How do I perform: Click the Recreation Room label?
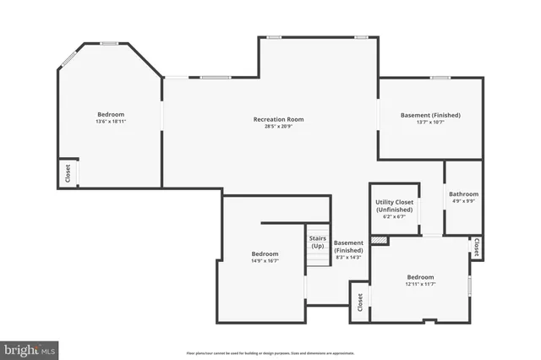[x=278, y=119]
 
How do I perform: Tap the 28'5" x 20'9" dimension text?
[x=278, y=127]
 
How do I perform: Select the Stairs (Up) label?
[x=317, y=242]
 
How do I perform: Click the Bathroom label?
[x=463, y=194]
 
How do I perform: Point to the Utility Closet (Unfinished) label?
[x=394, y=205]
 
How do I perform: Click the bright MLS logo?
[x=30, y=348]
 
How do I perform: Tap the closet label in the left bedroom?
[x=68, y=172]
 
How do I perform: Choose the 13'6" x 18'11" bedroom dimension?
[x=111, y=122]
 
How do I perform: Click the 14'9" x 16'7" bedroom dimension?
[x=265, y=260]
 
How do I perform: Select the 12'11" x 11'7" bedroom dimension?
[x=420, y=284]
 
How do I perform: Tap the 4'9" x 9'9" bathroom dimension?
[x=463, y=201]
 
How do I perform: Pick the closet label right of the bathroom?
[x=477, y=247]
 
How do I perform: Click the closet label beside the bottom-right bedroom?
[x=360, y=301]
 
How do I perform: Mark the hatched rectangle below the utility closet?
[x=380, y=240]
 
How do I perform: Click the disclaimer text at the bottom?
[x=270, y=352]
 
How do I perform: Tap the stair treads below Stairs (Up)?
[x=317, y=257]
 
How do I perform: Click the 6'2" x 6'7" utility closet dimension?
[x=394, y=217]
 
